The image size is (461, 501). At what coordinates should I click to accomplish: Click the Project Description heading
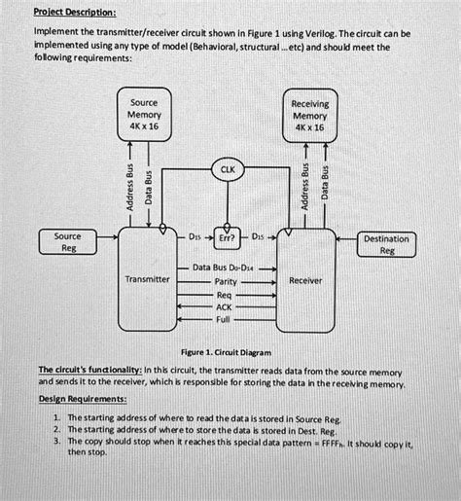coord(75,12)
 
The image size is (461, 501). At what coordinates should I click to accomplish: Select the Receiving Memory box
coord(309,115)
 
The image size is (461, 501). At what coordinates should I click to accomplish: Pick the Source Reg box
coord(68,242)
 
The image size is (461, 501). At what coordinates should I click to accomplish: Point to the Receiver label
coord(305,279)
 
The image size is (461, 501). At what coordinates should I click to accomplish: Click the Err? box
coord(227,236)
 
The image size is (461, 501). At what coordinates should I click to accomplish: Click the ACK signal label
coord(226,305)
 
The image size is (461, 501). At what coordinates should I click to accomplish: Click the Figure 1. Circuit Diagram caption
coord(230,352)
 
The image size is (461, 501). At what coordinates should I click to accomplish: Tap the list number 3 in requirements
coord(57,441)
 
